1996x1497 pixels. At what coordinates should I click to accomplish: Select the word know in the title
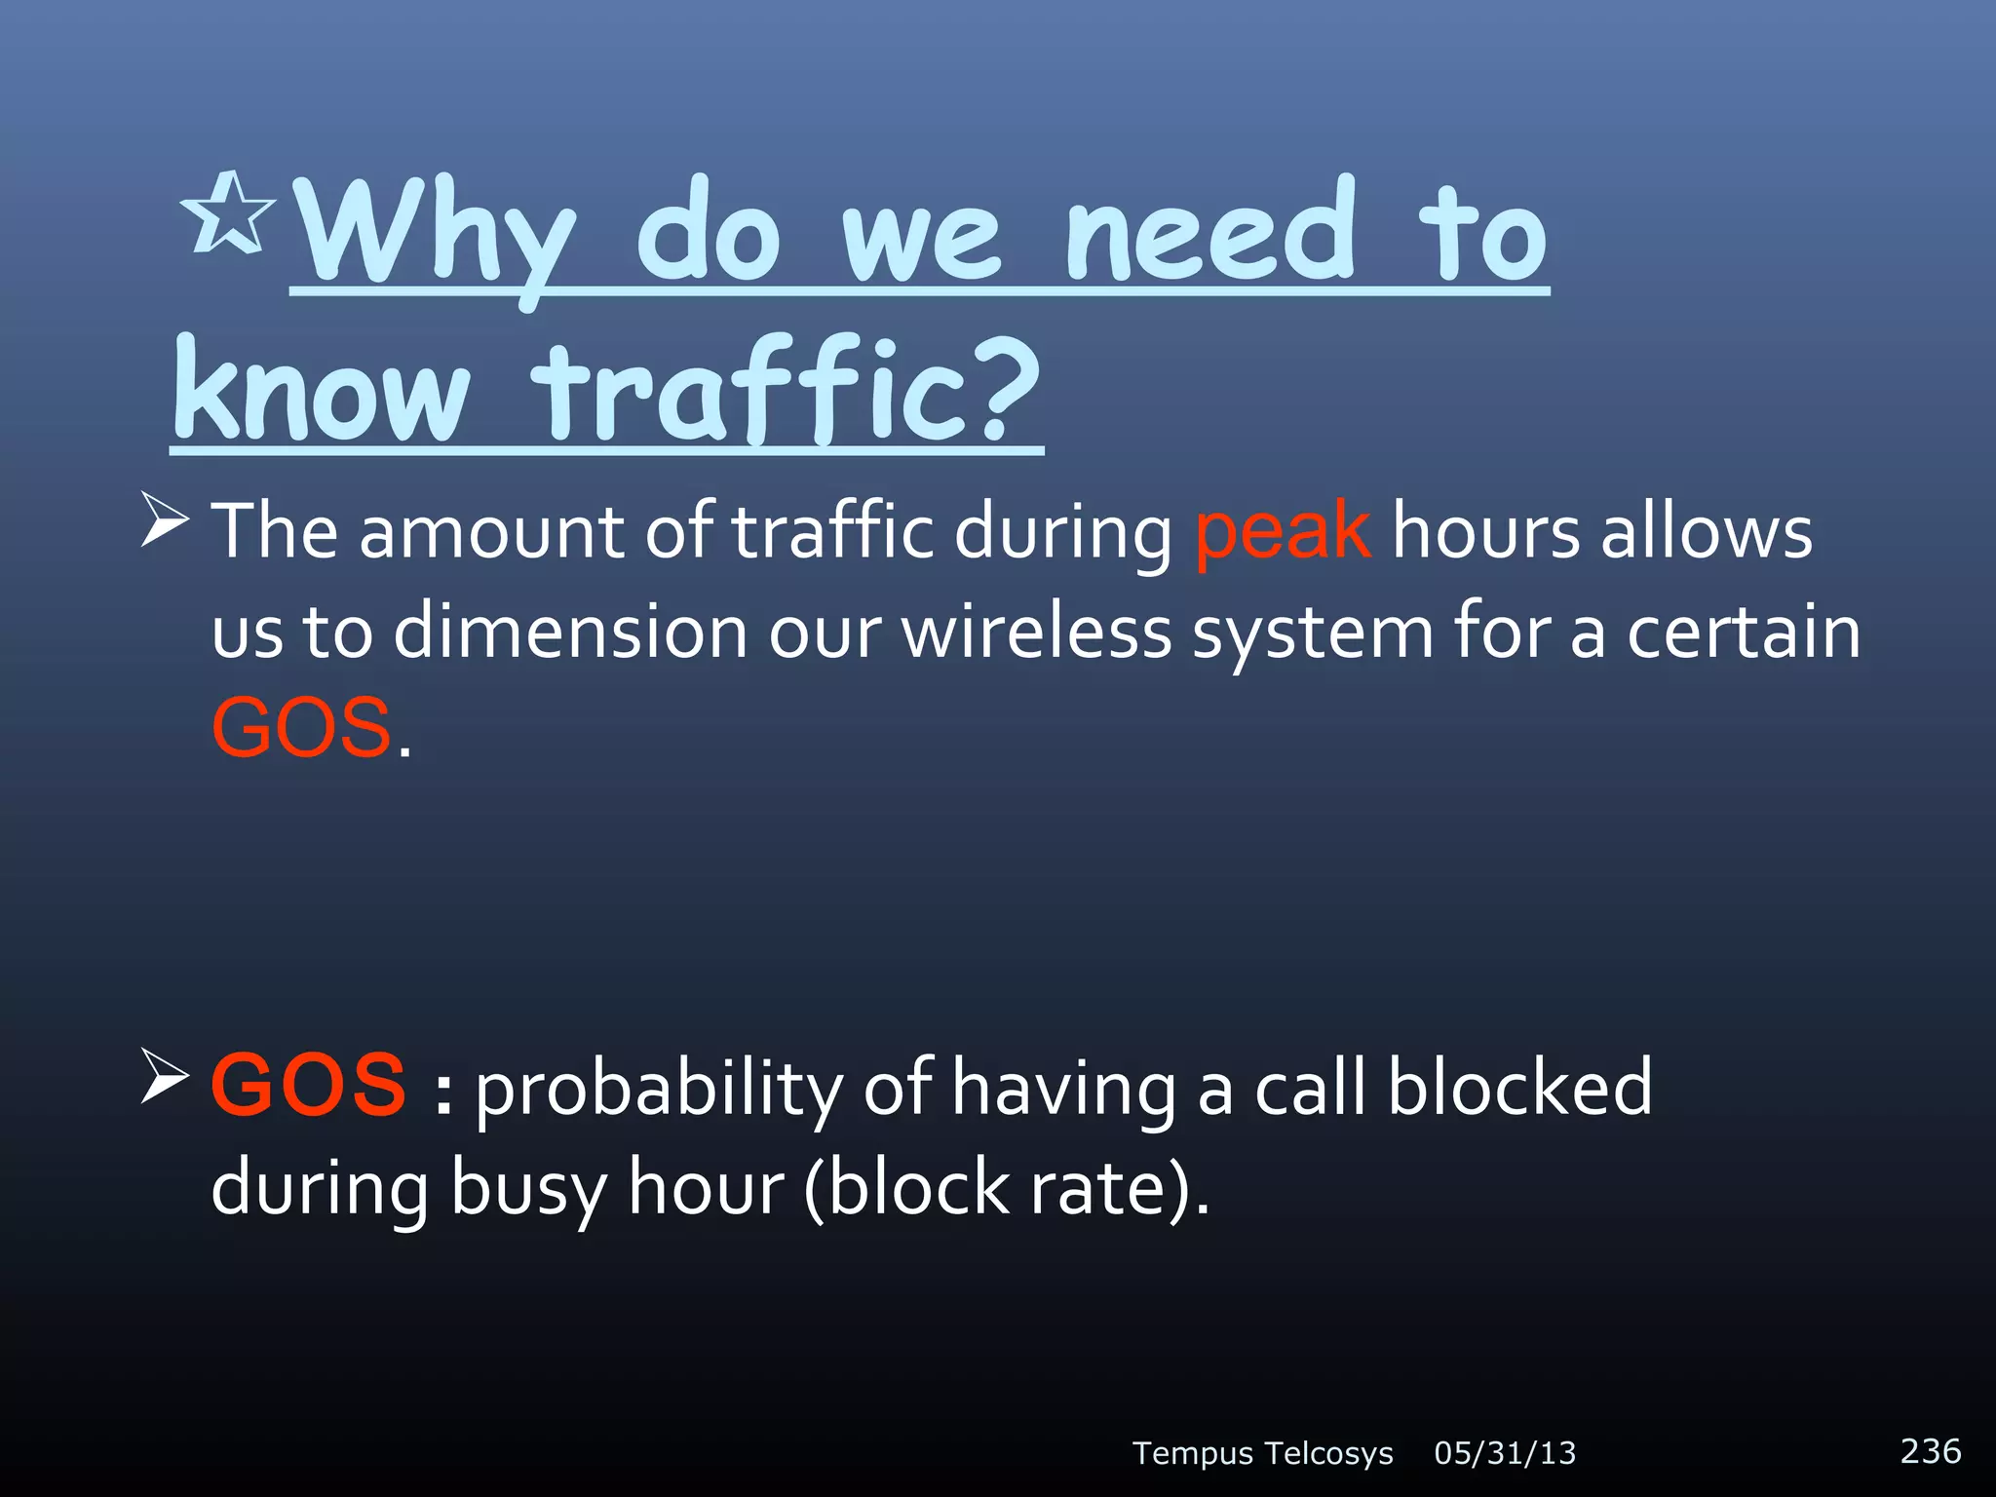pyautogui.click(x=322, y=390)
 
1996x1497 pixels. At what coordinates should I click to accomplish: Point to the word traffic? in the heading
pyautogui.click(x=789, y=390)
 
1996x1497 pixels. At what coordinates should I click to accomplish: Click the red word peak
pyautogui.click(x=1283, y=531)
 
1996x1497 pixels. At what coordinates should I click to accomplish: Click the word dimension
pyautogui.click(x=570, y=632)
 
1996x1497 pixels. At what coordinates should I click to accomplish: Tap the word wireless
pyautogui.click(x=1036, y=632)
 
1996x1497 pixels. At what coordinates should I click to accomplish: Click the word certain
pyautogui.click(x=1744, y=632)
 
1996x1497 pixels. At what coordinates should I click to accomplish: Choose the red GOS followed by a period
pyautogui.click(x=302, y=728)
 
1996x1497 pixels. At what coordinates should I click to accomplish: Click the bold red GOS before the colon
pyautogui.click(x=308, y=1086)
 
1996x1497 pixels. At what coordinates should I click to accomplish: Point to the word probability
pyautogui.click(x=659, y=1090)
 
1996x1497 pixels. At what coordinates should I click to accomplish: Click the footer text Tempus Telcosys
pyautogui.click(x=1262, y=1453)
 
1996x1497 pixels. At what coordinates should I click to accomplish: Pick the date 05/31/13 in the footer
pyautogui.click(x=1505, y=1453)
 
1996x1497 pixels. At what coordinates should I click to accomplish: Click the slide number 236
pyautogui.click(x=1930, y=1450)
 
